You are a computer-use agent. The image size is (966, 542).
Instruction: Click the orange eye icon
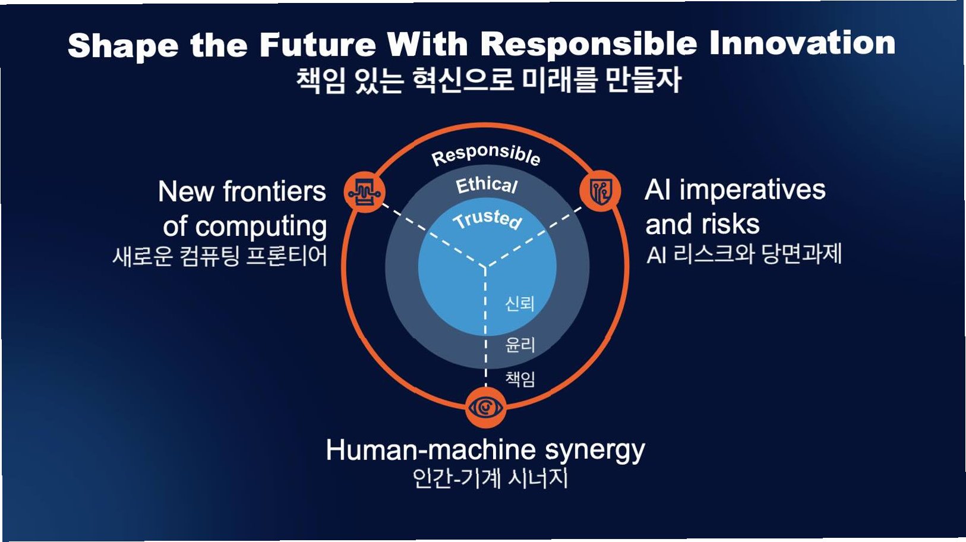click(x=486, y=408)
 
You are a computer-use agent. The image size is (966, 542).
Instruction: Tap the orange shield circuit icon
click(x=600, y=191)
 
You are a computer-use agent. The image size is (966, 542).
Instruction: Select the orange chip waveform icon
click(x=364, y=193)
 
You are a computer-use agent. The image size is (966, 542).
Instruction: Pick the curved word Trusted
click(x=487, y=219)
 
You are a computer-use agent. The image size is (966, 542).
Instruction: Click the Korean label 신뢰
click(x=519, y=304)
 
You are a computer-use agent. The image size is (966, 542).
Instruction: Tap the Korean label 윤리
click(x=520, y=345)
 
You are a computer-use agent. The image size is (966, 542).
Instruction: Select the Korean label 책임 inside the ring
click(x=520, y=379)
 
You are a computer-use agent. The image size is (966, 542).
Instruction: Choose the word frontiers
click(x=274, y=192)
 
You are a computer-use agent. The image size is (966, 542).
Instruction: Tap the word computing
click(x=261, y=226)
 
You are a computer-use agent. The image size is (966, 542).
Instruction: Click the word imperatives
click(x=752, y=190)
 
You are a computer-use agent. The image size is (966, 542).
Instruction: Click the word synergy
click(x=595, y=450)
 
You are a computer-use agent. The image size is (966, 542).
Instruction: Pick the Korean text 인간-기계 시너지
click(x=490, y=478)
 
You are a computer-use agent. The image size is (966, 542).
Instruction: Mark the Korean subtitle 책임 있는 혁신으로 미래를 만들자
click(x=488, y=80)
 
